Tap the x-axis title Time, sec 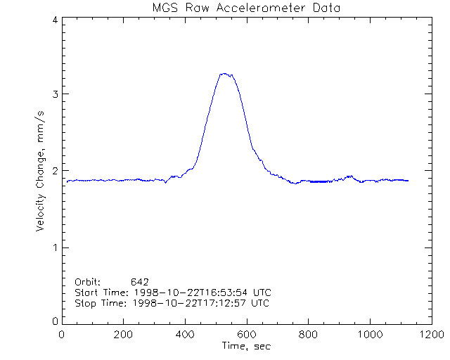pyautogui.click(x=245, y=345)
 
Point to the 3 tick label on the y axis pyautogui.click(x=54, y=94)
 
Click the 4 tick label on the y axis pyautogui.click(x=54, y=20)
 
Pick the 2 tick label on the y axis pyautogui.click(x=54, y=171)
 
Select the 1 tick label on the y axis pyautogui.click(x=54, y=247)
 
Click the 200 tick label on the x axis pyautogui.click(x=123, y=334)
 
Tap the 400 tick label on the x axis pyautogui.click(x=185, y=334)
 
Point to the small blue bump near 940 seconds pyautogui.click(x=350, y=176)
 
